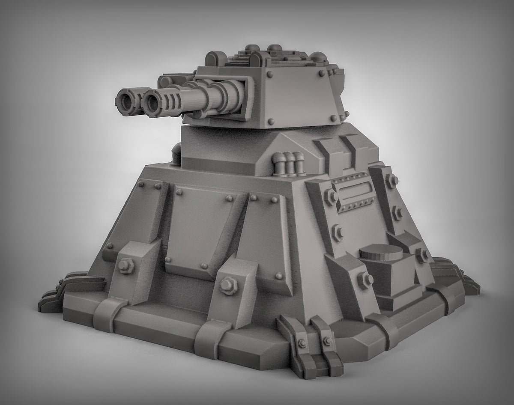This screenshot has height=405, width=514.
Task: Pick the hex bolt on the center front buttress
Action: (226, 283)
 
